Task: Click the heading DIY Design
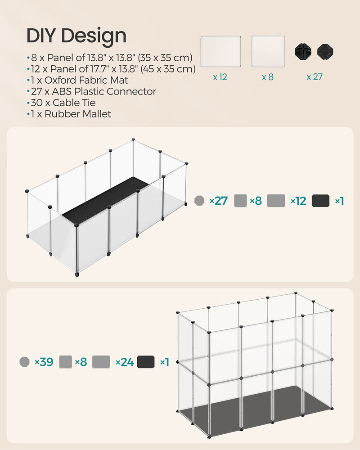tap(76, 36)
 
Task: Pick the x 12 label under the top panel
tap(220, 77)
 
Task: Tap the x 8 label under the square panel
tap(268, 77)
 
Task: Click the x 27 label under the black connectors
tap(315, 77)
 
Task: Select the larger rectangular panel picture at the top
tap(220, 51)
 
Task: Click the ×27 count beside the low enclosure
tap(219, 201)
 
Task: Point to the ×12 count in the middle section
tap(298, 201)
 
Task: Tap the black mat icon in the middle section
tap(320, 201)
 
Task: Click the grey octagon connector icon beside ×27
tap(199, 201)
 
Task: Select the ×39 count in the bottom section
tap(44, 362)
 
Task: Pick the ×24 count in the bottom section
tap(124, 362)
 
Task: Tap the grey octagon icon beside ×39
tap(25, 362)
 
